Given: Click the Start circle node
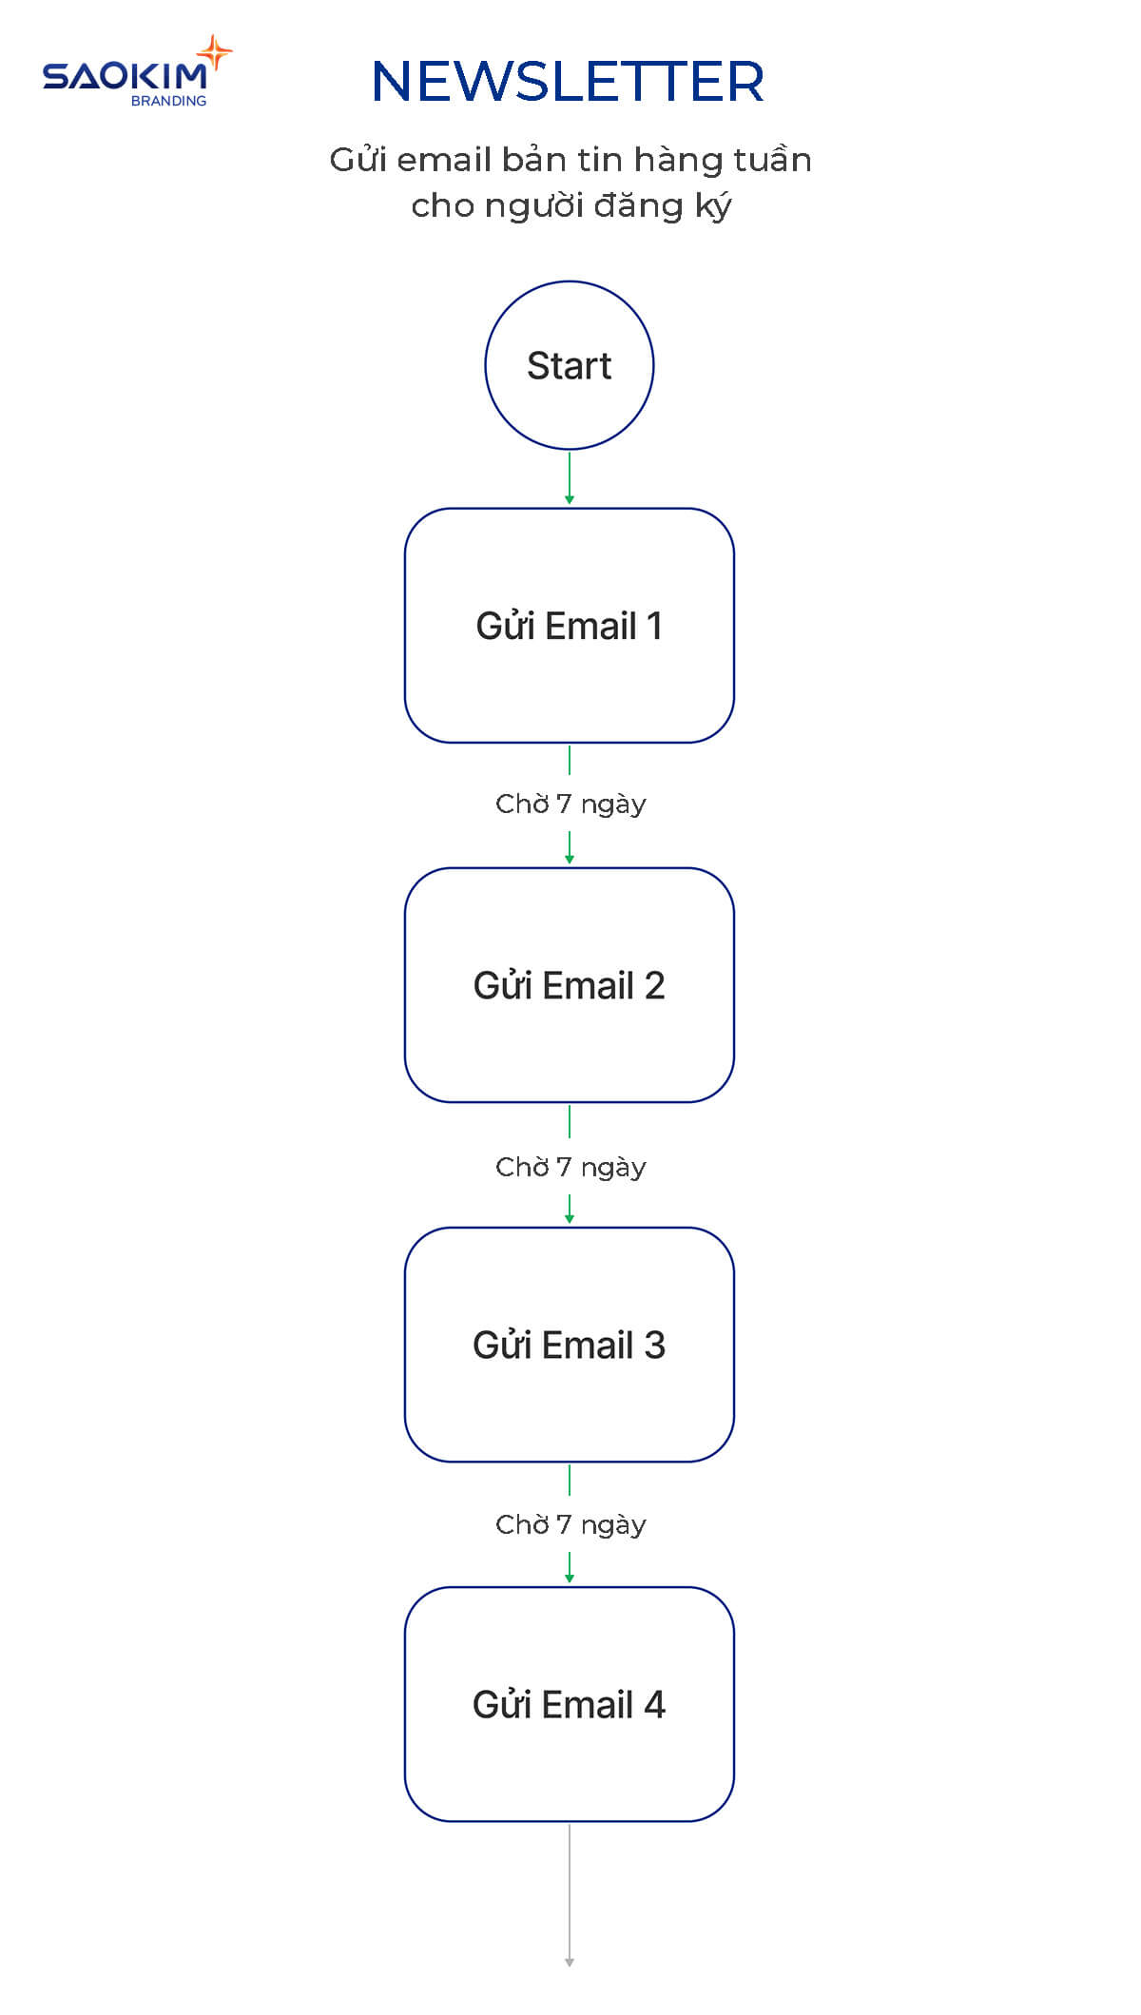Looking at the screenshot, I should [569, 365].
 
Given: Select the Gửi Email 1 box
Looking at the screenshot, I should [569, 626].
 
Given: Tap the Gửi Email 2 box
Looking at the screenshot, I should [569, 985].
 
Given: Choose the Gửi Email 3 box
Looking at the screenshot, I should [569, 1345].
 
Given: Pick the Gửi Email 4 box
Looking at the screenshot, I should [569, 1704].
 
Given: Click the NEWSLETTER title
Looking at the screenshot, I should [568, 82].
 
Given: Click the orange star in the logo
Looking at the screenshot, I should [215, 52].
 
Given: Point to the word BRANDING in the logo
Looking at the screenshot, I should [168, 101].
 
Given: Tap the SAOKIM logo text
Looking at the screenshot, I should [124, 77].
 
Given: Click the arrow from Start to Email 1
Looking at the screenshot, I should [569, 477].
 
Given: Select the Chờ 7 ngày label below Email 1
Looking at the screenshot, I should [570, 804].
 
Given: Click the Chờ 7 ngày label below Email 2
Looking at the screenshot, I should [570, 1167].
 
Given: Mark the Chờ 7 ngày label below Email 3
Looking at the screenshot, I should [570, 1524].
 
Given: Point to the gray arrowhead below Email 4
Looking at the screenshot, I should [569, 1961].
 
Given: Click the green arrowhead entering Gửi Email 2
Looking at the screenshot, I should [569, 860].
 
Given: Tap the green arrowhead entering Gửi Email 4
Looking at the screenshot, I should [569, 1579].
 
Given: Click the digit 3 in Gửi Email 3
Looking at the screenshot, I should [654, 1346].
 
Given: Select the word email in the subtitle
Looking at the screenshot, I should [444, 160].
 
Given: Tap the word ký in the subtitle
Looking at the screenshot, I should [713, 206].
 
